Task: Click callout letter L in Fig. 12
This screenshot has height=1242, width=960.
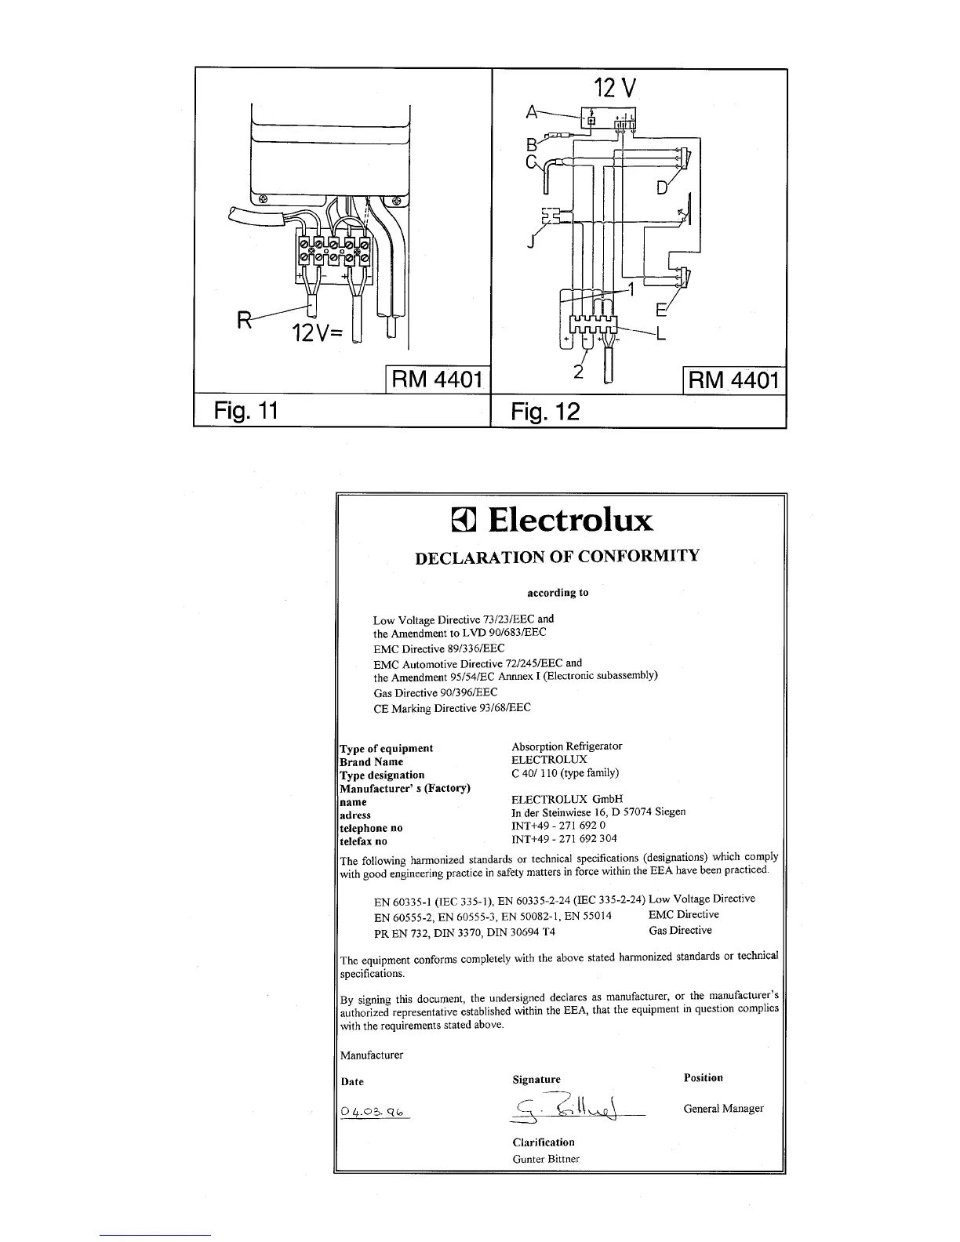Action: (x=660, y=336)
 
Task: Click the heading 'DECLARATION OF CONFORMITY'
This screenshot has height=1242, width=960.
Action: (x=557, y=557)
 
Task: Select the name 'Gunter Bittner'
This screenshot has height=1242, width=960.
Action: (x=546, y=1159)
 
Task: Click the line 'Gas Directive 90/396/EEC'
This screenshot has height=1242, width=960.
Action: (x=435, y=693)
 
